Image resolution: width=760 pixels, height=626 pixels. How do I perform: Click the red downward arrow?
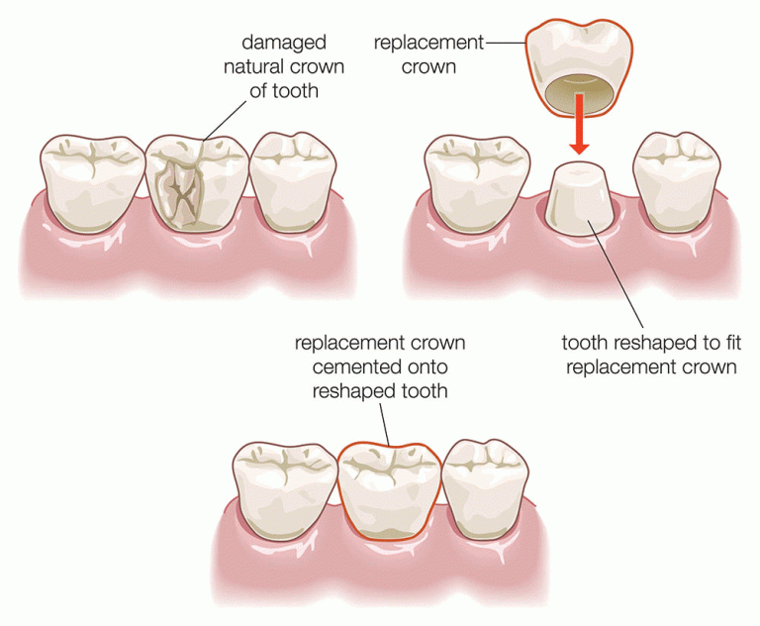pos(579,124)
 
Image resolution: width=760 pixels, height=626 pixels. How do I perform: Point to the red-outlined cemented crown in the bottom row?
pos(389,491)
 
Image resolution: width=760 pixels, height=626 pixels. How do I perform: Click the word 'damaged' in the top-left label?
pos(284,43)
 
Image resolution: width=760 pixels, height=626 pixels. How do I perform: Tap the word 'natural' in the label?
pos(252,66)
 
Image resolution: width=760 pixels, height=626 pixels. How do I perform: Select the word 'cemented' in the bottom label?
pos(353,367)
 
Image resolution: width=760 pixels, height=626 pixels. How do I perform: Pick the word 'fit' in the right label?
pos(731,343)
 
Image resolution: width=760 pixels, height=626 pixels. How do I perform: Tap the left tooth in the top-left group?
pos(92,183)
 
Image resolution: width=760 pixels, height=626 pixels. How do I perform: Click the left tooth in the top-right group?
pos(476,183)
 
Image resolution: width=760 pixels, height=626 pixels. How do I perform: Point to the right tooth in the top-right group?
pos(677,181)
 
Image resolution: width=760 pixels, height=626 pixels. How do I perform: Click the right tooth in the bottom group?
pos(485,487)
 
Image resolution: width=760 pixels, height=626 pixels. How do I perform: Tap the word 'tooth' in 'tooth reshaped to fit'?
pos(585,343)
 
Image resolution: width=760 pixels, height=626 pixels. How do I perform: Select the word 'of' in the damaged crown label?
pos(258,91)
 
